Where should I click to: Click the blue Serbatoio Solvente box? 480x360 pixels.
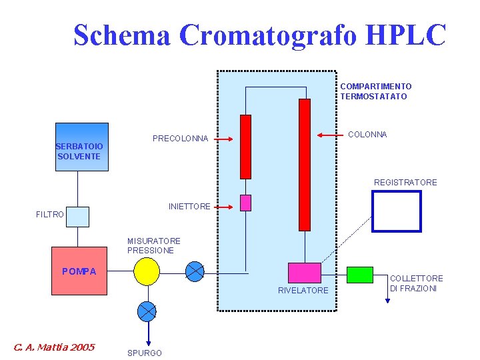[81, 147]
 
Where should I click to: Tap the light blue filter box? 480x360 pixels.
[77, 217]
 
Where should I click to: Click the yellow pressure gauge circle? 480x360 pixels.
[146, 271]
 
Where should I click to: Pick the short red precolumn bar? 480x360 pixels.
[245, 147]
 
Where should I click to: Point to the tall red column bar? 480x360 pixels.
[305, 164]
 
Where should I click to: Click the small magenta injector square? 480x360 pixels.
[245, 203]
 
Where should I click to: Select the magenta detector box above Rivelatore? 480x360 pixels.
[304, 273]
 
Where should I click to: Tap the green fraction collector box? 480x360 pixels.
[360, 275]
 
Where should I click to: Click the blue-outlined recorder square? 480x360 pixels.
[397, 211]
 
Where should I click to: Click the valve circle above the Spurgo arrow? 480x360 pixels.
[146, 311]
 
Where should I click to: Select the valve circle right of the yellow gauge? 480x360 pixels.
[195, 271]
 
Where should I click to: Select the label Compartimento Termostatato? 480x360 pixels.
[375, 91]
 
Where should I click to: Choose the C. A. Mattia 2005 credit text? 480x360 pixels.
[54, 347]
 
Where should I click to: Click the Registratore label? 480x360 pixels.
[405, 183]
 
